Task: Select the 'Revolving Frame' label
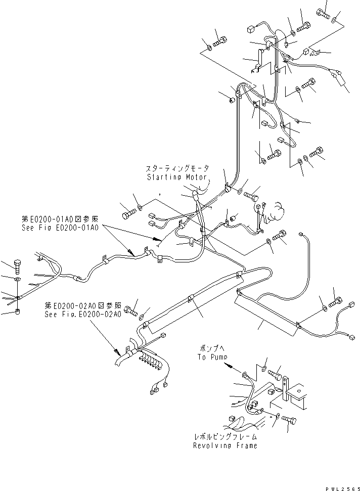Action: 224,445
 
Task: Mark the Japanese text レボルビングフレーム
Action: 224,436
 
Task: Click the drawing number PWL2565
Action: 341,486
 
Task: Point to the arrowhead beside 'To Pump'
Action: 229,364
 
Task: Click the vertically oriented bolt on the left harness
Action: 17,266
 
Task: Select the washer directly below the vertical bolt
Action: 17,280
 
